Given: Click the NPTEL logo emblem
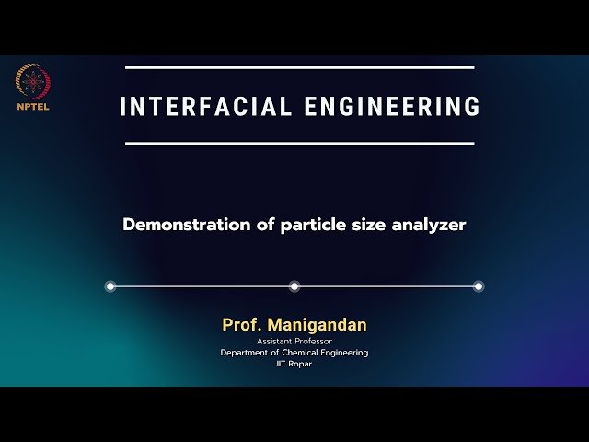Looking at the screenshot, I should pyautogui.click(x=33, y=81).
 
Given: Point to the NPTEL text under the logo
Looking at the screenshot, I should pyautogui.click(x=33, y=106).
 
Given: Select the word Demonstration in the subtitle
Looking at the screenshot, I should pyautogui.click(x=187, y=225).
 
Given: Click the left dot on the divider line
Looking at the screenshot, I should pyautogui.click(x=110, y=286).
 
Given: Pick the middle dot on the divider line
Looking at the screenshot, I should pyautogui.click(x=294, y=286).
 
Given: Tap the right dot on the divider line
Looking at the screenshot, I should pyautogui.click(x=479, y=286).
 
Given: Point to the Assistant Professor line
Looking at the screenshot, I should pyautogui.click(x=294, y=342).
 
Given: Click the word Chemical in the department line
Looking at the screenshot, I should pyautogui.click(x=295, y=353).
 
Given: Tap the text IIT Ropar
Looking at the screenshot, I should pyautogui.click(x=294, y=364).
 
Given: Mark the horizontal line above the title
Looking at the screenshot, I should pyautogui.click(x=299, y=67).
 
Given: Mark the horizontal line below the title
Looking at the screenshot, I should pyautogui.click(x=299, y=144).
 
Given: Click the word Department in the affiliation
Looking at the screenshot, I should pyautogui.click(x=242, y=353).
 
